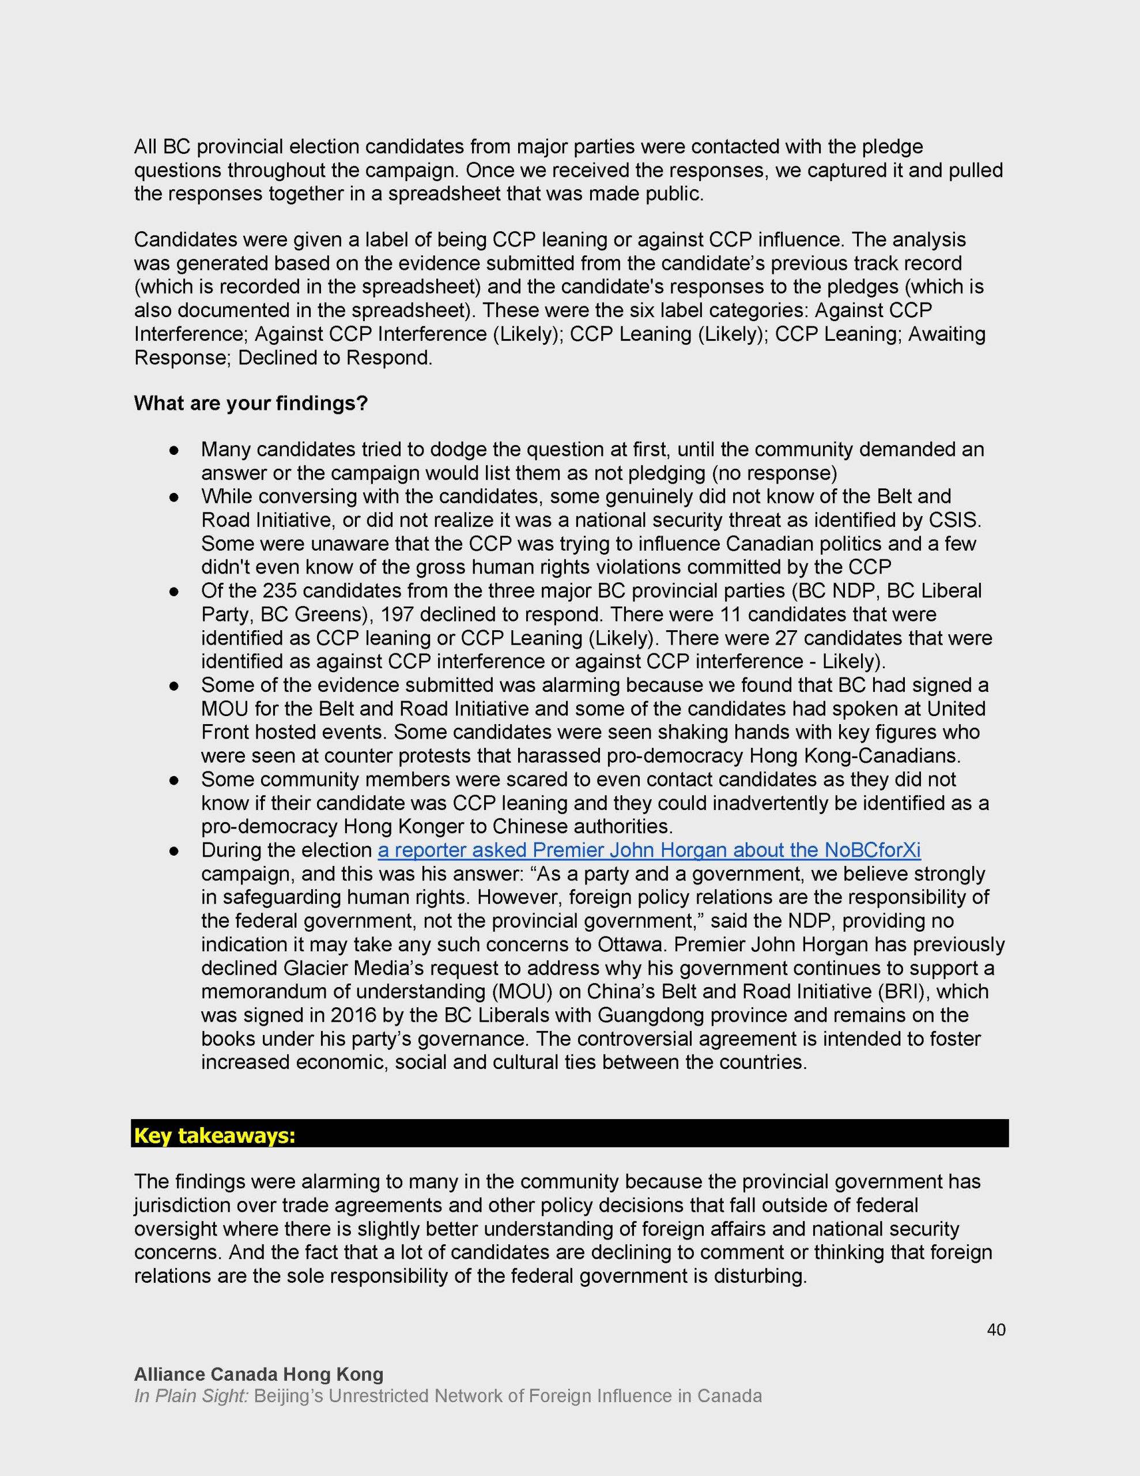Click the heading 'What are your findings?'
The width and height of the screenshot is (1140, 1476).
tap(251, 404)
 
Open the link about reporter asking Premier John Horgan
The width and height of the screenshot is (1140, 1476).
tap(649, 850)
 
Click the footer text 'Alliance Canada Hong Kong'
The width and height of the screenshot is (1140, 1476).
tap(259, 1374)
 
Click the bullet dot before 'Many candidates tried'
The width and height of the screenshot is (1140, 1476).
tap(173, 450)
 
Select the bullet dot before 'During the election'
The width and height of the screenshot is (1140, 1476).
tap(173, 851)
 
